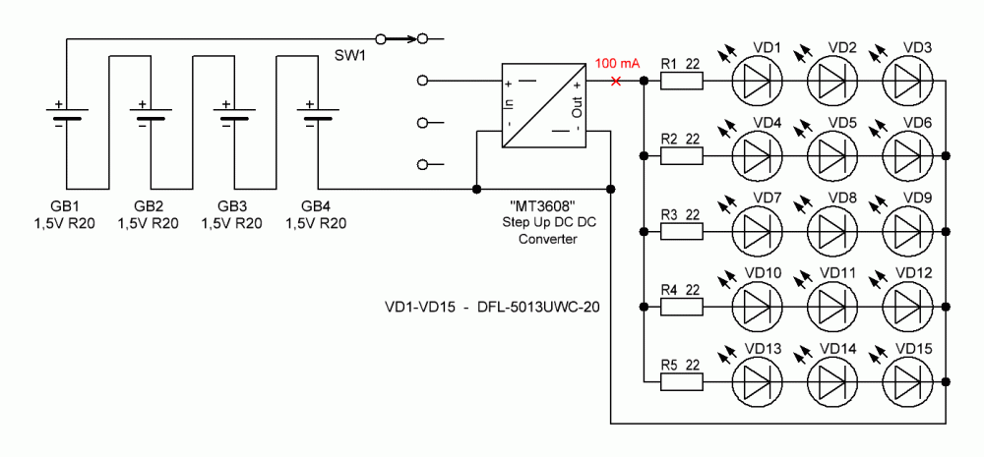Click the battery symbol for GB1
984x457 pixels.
pos(65,117)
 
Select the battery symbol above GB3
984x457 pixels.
pos(232,117)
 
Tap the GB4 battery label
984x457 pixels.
pos(315,205)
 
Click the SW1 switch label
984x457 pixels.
pos(349,56)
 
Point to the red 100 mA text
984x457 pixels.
pos(617,64)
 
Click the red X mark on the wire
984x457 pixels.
pos(616,81)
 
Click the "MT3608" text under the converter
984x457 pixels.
pos(543,205)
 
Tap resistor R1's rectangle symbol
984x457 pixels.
pos(681,81)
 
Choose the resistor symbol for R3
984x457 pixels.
pos(681,231)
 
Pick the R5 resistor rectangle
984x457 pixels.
pos(681,381)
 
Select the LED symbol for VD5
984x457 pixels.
pos(831,155)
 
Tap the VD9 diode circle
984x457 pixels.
pos(907,231)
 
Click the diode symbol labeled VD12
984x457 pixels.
pos(907,306)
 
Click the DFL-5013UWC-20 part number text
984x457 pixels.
pos(537,307)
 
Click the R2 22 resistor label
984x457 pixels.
pos(680,139)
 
